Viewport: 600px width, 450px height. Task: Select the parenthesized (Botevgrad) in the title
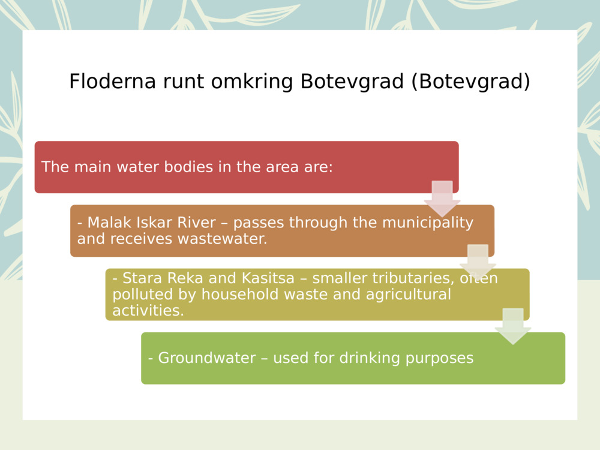tap(471, 82)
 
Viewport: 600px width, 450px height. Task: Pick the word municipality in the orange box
tap(428, 223)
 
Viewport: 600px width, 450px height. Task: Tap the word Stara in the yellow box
tap(141, 278)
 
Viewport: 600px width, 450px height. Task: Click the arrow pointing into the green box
tap(513, 326)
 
